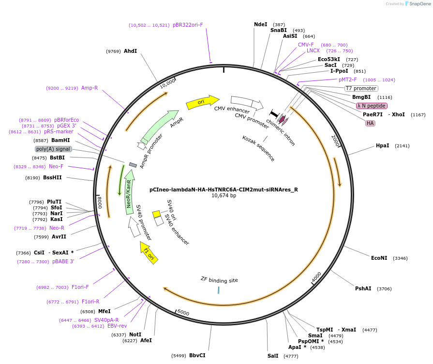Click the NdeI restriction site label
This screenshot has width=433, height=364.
point(260,24)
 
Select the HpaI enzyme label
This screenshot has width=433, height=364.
point(382,145)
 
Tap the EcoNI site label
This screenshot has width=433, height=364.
point(379,258)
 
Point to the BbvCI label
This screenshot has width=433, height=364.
point(197,355)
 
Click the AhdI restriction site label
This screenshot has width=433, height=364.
point(130,51)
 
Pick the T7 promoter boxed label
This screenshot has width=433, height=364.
point(360,88)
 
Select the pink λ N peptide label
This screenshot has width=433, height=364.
point(371,106)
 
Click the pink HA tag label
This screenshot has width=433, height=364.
point(370,123)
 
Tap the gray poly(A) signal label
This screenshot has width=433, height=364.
point(53,149)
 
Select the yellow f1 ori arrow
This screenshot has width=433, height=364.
point(149,253)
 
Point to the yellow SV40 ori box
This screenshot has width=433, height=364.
point(156,214)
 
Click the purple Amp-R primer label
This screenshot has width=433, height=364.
point(90,88)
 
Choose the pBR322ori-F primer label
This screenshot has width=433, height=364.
point(188,25)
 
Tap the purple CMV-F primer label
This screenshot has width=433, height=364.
point(306,45)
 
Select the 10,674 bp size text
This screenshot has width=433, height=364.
point(224,196)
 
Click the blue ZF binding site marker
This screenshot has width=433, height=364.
point(219,290)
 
